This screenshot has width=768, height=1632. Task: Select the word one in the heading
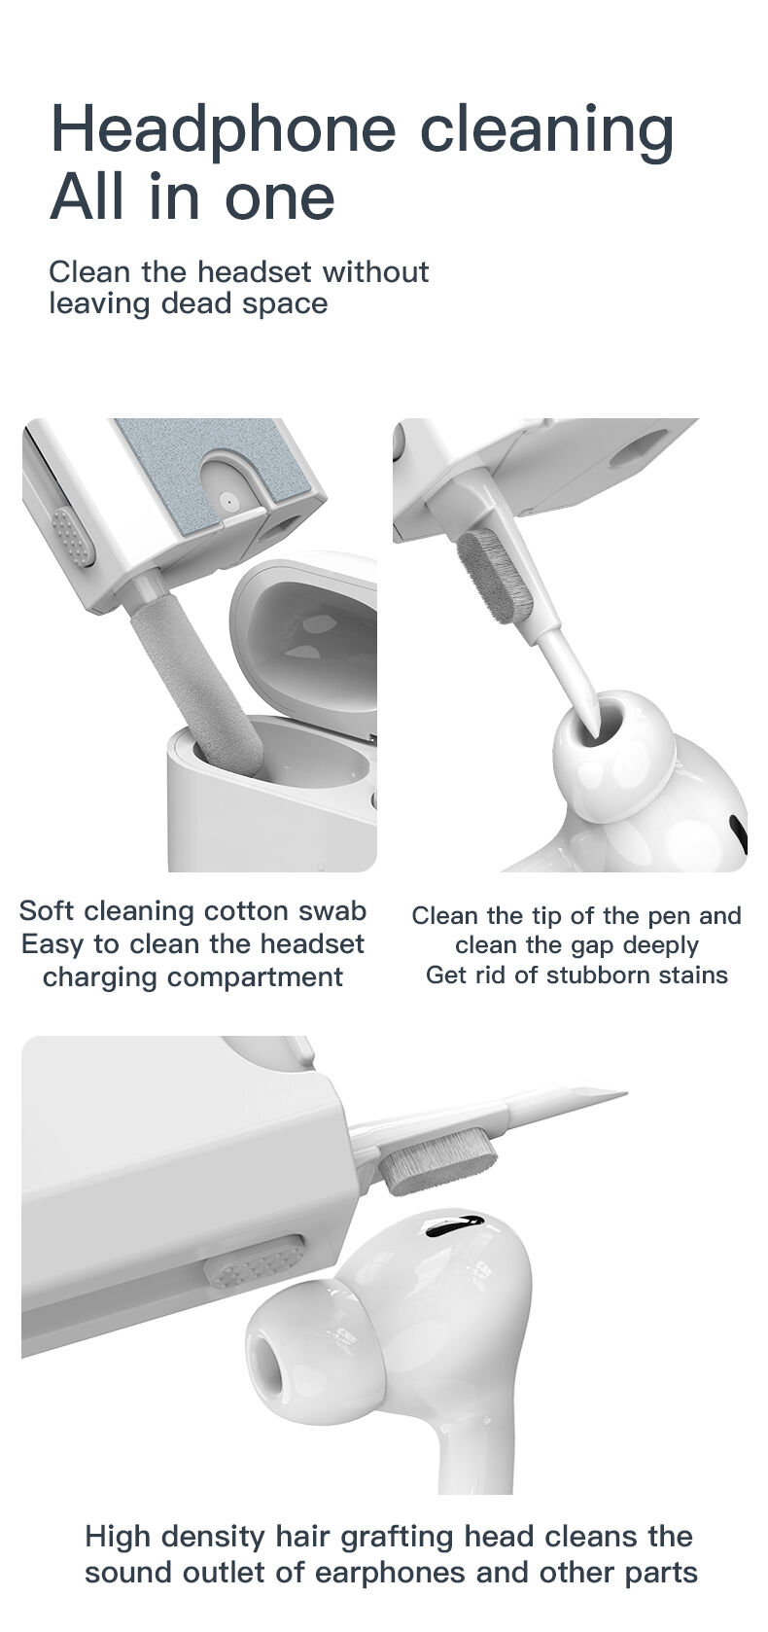(280, 197)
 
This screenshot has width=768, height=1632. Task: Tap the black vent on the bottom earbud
(455, 1224)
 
